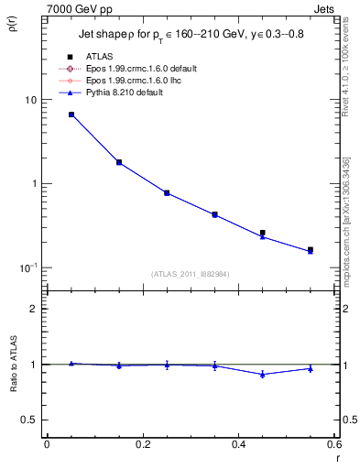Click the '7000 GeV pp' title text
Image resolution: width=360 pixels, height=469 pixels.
pos(75,7)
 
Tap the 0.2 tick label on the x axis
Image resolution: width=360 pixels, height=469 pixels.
pos(142,444)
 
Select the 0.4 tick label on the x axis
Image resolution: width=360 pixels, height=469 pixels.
pos(238,444)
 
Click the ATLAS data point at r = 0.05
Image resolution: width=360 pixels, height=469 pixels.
pos(71,115)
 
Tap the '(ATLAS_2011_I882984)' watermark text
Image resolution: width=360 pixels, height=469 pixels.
pos(190,274)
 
